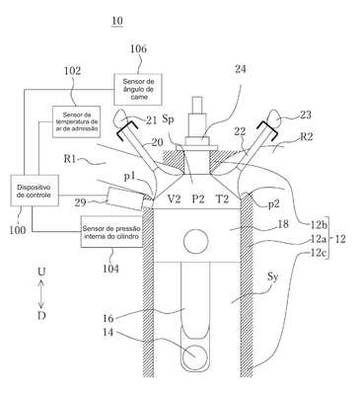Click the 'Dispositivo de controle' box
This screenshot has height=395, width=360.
point(35,191)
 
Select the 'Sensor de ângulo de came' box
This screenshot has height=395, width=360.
point(138,89)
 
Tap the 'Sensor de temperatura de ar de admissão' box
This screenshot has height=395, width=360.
point(76,122)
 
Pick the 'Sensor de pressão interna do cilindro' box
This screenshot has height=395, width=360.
point(111,232)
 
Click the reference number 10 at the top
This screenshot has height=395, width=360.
point(117,21)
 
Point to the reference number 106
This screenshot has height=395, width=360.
point(138,49)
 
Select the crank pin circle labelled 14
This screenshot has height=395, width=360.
point(195,357)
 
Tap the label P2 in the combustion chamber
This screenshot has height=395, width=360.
point(198,199)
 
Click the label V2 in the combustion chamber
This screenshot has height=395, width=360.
point(174,199)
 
